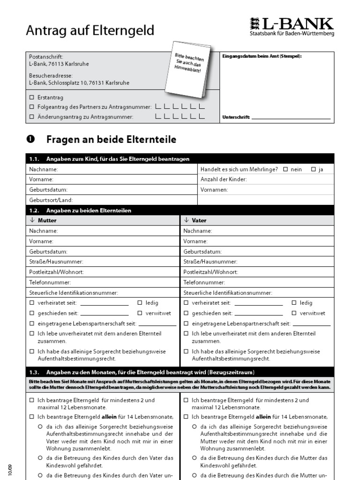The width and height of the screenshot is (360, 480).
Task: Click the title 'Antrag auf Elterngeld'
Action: [x=90, y=31]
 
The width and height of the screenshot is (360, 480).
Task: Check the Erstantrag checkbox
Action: [x=32, y=97]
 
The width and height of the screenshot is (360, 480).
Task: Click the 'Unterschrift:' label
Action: [x=236, y=117]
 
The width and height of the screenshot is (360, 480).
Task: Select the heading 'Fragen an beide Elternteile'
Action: [x=111, y=139]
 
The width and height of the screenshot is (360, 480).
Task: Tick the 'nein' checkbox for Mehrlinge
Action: [x=285, y=169]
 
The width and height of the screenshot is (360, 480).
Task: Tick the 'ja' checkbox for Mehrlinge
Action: [x=313, y=169]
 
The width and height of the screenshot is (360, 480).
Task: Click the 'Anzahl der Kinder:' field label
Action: [x=223, y=180]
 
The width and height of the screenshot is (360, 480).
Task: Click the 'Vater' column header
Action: [x=199, y=220]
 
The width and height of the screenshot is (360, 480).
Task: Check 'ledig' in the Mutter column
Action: [x=140, y=303]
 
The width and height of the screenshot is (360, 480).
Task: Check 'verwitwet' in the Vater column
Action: [x=294, y=313]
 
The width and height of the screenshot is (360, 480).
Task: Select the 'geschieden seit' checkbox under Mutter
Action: [x=32, y=313]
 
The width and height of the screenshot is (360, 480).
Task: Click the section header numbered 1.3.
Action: [x=141, y=372]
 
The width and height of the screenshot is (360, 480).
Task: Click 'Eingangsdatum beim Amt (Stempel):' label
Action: [x=262, y=56]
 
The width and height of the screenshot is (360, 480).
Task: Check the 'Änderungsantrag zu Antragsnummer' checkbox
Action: [x=32, y=117]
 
